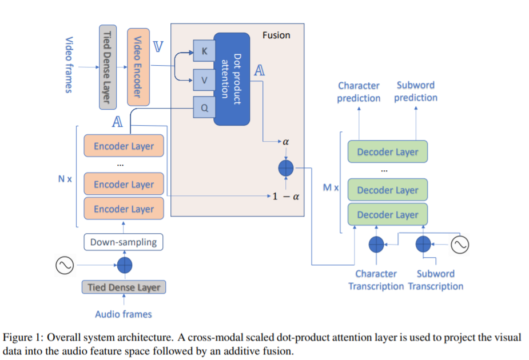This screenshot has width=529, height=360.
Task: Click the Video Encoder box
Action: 138,67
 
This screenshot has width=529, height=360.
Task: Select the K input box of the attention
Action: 204,50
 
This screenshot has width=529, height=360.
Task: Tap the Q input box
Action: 204,107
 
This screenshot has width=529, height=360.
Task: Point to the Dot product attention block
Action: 232,79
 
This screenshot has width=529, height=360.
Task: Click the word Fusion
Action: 276,35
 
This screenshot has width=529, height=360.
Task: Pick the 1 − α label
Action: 286,196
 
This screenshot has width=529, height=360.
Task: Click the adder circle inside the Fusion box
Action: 286,168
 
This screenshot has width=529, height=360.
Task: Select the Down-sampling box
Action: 124,242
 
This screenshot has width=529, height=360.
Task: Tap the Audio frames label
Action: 124,314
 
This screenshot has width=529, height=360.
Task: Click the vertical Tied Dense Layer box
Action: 108,67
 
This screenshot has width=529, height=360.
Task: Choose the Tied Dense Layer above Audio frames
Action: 124,287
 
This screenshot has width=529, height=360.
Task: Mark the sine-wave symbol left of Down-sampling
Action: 65,265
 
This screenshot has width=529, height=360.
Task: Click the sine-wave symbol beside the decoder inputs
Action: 460,245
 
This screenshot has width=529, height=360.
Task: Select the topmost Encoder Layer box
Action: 124,146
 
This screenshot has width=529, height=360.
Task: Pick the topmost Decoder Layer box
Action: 388,151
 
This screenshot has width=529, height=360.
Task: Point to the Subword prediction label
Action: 416,91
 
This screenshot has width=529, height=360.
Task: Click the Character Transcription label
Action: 376,280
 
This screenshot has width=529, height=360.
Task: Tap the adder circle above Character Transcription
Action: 376,245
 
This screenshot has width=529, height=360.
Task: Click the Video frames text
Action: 69,65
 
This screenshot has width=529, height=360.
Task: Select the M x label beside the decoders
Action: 331,187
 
